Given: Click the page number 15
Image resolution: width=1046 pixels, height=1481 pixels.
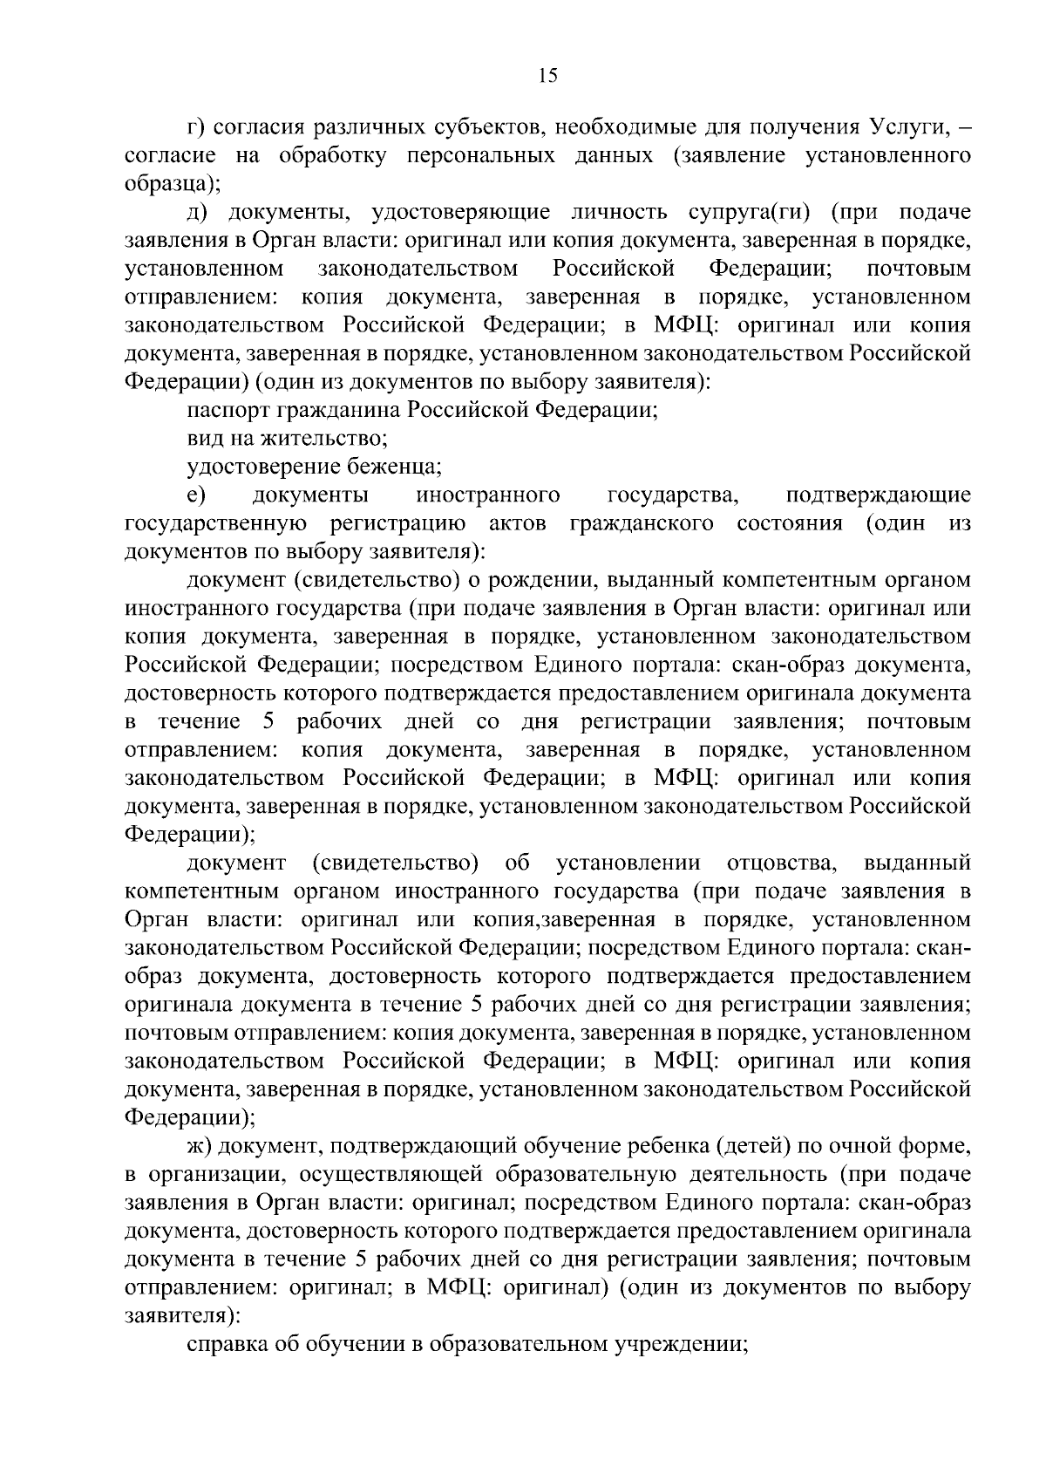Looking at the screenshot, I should click(x=547, y=76).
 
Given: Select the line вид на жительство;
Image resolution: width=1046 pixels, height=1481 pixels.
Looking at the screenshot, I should click(x=288, y=438).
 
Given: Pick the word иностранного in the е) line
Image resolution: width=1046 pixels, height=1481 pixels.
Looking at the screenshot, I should click(x=488, y=495).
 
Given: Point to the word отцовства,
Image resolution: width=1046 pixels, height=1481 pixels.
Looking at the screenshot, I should click(x=782, y=863).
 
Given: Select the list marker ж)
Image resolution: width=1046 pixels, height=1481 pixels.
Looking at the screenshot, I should click(x=200, y=1146).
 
